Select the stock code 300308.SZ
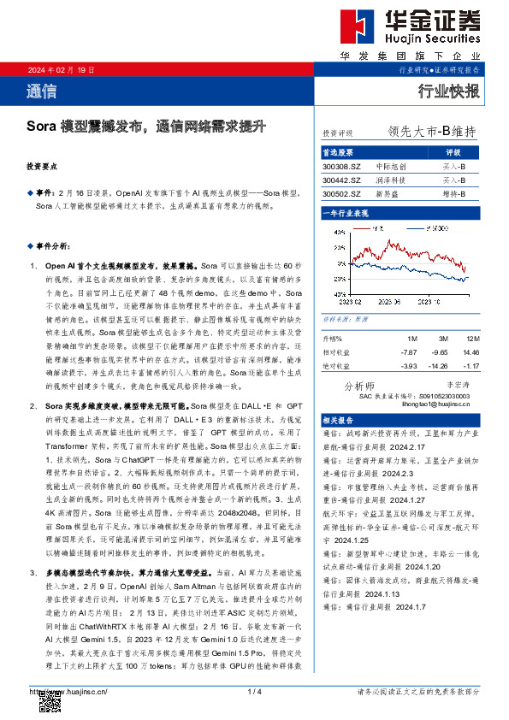(x=342, y=166)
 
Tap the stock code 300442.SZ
(x=342, y=180)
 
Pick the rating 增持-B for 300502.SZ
(x=454, y=194)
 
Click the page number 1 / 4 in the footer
(x=253, y=690)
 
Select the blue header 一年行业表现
(x=345, y=211)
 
